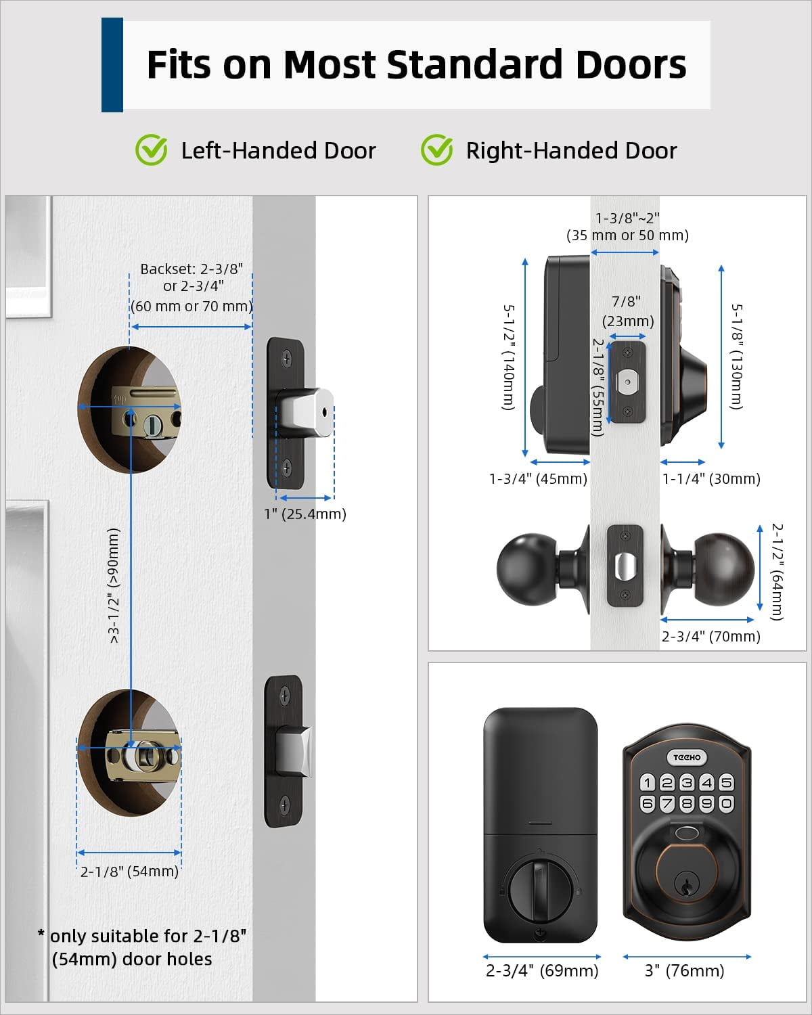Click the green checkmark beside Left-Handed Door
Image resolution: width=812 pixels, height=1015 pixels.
point(151,150)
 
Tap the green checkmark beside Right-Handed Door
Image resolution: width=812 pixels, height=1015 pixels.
point(436,150)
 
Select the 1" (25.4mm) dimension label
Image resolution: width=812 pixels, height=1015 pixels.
point(304,514)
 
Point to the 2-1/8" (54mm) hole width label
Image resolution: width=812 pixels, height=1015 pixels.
point(129,871)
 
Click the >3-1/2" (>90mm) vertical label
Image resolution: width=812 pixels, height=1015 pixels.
point(114,585)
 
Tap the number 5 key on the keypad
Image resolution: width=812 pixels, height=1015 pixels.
point(726,783)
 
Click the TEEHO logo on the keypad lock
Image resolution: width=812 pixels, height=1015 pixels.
point(687,757)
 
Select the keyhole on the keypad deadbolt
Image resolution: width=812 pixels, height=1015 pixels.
point(686,884)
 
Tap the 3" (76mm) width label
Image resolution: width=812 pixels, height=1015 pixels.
point(684,970)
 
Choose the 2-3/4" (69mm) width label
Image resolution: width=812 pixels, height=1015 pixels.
point(542,970)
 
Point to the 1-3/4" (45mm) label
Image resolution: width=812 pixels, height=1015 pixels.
point(538,478)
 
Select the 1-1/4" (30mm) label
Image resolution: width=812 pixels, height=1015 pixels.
point(711,478)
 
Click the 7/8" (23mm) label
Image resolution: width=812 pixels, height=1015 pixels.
point(628,311)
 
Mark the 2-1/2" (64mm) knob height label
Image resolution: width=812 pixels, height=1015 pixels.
point(777,571)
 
